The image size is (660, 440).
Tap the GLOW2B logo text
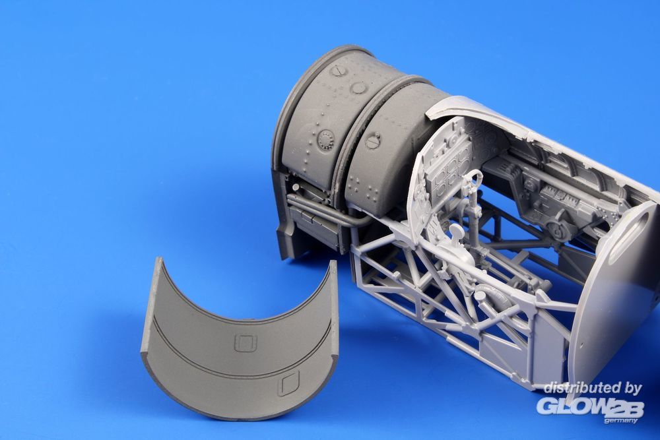pyautogui.click(x=589, y=406)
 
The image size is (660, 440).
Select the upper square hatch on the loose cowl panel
pyautogui.click(x=246, y=343)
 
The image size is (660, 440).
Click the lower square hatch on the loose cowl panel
pyautogui.click(x=289, y=383)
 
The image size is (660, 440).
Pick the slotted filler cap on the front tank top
pyautogui.click(x=337, y=70)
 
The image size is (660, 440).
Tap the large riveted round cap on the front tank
pyautogui.click(x=326, y=140)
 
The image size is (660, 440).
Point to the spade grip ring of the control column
pyautogui.click(x=473, y=179)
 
